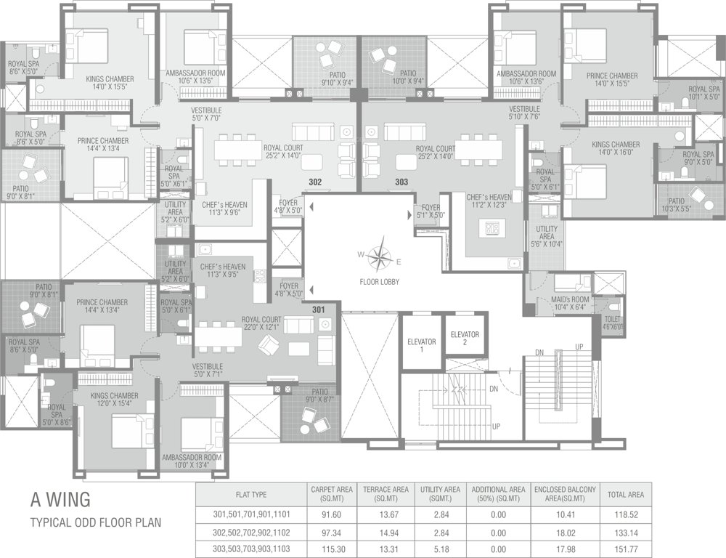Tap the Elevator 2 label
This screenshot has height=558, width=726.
[x=465, y=338]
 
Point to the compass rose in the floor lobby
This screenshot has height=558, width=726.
[x=379, y=256]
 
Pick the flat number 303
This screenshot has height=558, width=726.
[x=402, y=182]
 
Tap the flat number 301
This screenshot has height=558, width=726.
[x=318, y=310]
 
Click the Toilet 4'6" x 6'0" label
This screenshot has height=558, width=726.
[x=612, y=323]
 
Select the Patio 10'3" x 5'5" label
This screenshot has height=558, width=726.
[x=676, y=205]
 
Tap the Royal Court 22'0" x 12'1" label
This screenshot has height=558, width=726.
[x=261, y=323]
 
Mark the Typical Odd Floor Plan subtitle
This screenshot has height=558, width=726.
[x=95, y=522]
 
